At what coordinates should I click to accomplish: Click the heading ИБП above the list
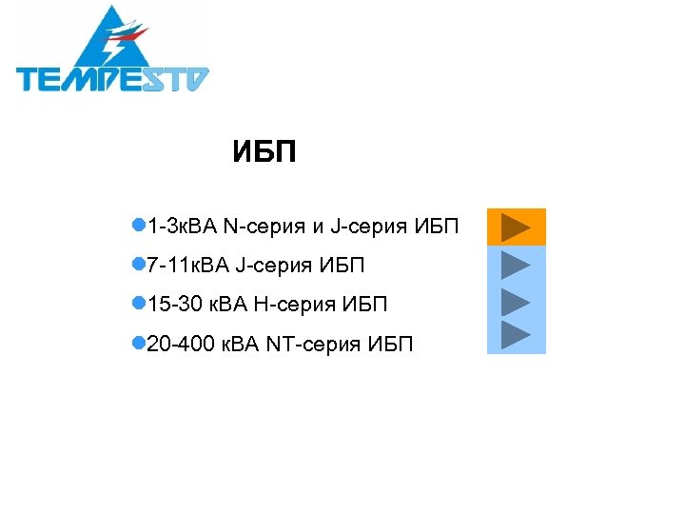pos(264,153)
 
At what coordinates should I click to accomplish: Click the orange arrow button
pos(516,227)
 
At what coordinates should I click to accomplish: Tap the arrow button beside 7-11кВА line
pos(516,265)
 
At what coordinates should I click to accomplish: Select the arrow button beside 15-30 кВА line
pos(516,302)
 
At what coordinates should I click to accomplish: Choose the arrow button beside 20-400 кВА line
pos(516,335)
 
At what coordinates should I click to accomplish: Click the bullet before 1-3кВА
pos(138,227)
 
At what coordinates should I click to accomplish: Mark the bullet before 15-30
pos(138,305)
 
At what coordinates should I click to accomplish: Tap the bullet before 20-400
pos(138,343)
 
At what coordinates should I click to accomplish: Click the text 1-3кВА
pos(183,227)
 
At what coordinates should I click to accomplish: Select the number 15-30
pos(174,305)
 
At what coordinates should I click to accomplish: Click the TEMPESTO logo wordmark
pos(112,77)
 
